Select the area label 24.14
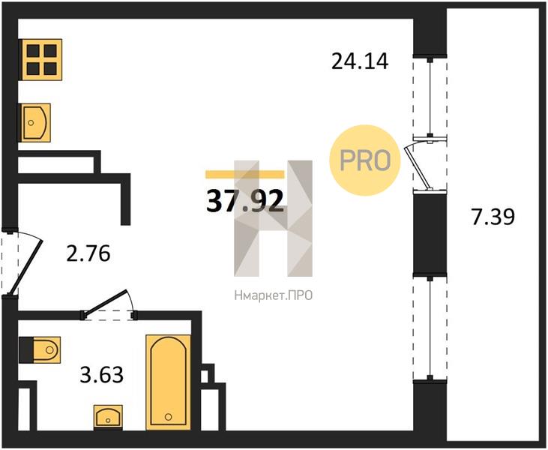(x=360, y=61)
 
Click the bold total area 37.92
(x=244, y=202)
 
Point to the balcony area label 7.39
(x=493, y=217)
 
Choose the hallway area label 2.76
(x=88, y=253)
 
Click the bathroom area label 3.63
(x=101, y=375)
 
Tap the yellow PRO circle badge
(x=364, y=160)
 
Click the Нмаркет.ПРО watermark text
(x=274, y=296)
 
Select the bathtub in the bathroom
(x=169, y=382)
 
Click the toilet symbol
(x=40, y=349)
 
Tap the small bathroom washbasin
(x=109, y=417)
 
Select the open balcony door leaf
(x=418, y=167)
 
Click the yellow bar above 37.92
(x=245, y=175)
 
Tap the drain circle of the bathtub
(x=169, y=417)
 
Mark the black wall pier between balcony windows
(x=430, y=234)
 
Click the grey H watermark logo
(x=274, y=218)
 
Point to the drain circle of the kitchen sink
(x=31, y=123)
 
